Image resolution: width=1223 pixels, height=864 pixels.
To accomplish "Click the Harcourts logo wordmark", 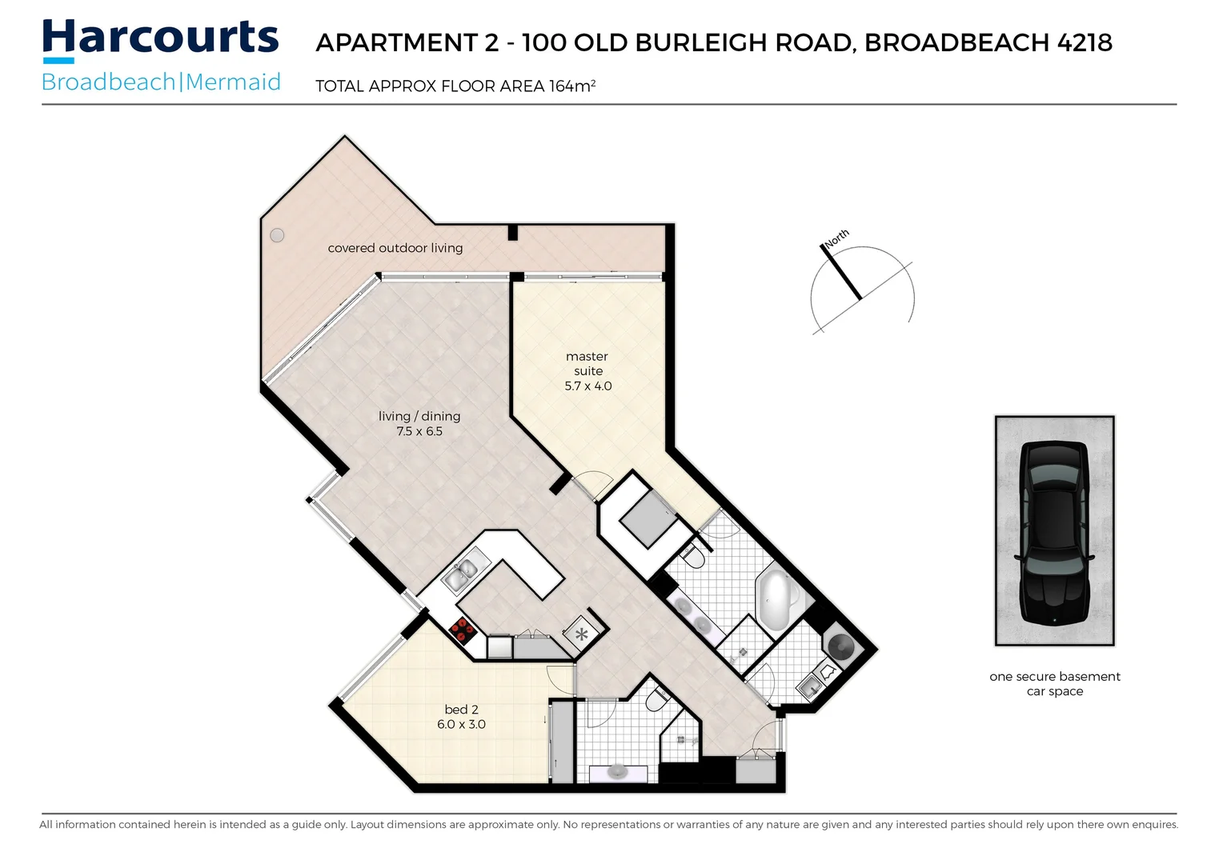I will tap(160, 38).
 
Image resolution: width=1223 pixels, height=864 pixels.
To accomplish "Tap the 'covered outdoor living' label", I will tap(395, 248).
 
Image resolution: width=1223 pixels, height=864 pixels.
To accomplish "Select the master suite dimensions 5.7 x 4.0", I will tap(588, 386).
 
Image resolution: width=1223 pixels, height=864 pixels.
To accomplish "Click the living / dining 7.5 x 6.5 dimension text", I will tap(419, 431).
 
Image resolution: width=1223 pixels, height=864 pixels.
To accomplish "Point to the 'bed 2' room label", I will tap(461, 710).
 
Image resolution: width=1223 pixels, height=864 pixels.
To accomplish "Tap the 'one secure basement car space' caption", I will tap(1055, 684).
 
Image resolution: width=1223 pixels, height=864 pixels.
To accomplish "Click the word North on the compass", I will tap(837, 238).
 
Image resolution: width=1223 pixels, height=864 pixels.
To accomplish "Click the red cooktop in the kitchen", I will tap(463, 631).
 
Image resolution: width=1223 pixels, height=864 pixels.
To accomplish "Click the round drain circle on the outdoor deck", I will tap(277, 235).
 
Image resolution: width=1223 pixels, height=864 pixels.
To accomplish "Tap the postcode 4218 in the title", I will tap(1085, 42).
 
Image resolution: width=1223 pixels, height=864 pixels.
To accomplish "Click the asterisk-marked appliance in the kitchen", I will tap(581, 635).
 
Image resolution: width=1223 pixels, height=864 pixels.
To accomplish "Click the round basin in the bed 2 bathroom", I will tap(617, 771).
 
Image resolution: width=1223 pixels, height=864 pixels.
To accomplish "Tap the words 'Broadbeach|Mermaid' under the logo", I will tap(161, 82).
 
